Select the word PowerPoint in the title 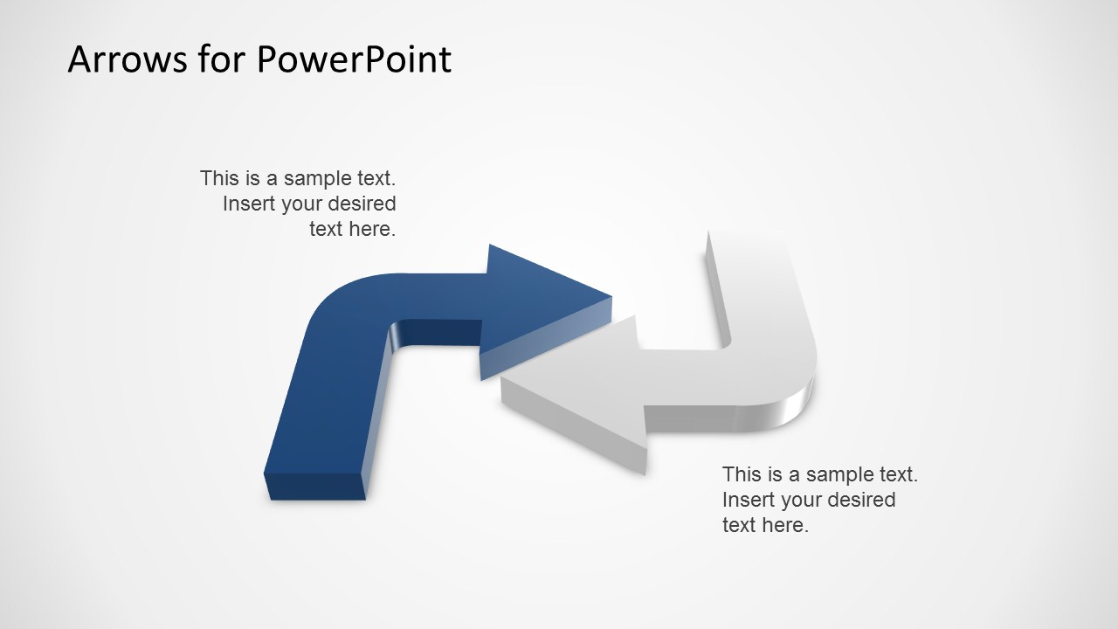click(x=354, y=59)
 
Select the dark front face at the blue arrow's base click(x=314, y=487)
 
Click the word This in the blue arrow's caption click(x=218, y=178)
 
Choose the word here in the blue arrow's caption click(x=372, y=229)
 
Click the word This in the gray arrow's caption click(x=741, y=474)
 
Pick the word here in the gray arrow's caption click(x=785, y=525)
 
